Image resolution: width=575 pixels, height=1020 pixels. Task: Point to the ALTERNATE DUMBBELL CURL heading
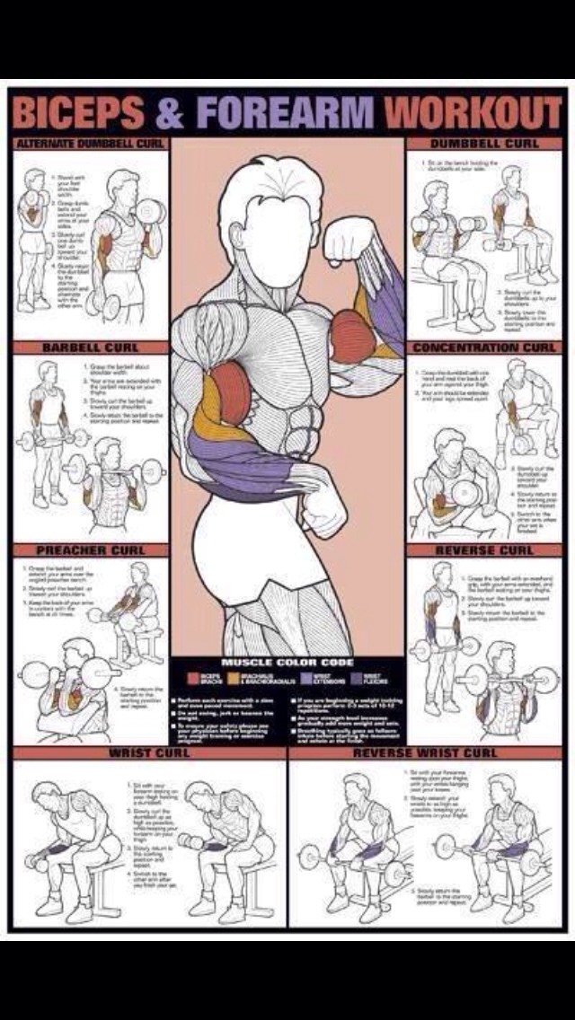[90, 144]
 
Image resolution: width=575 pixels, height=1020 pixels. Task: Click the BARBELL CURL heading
[90, 347]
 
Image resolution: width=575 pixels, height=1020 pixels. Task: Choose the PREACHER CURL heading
[90, 550]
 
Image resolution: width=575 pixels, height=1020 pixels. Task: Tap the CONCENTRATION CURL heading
[485, 347]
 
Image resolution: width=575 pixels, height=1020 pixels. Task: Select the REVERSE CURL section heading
[485, 550]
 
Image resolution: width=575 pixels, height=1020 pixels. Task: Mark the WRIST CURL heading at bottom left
[149, 752]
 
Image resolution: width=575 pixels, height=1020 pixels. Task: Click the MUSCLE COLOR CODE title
[287, 663]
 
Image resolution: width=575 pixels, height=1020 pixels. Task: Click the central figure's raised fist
[348, 239]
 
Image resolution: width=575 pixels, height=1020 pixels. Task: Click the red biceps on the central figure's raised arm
[351, 337]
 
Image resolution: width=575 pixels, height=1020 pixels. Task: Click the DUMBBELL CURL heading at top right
[485, 144]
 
